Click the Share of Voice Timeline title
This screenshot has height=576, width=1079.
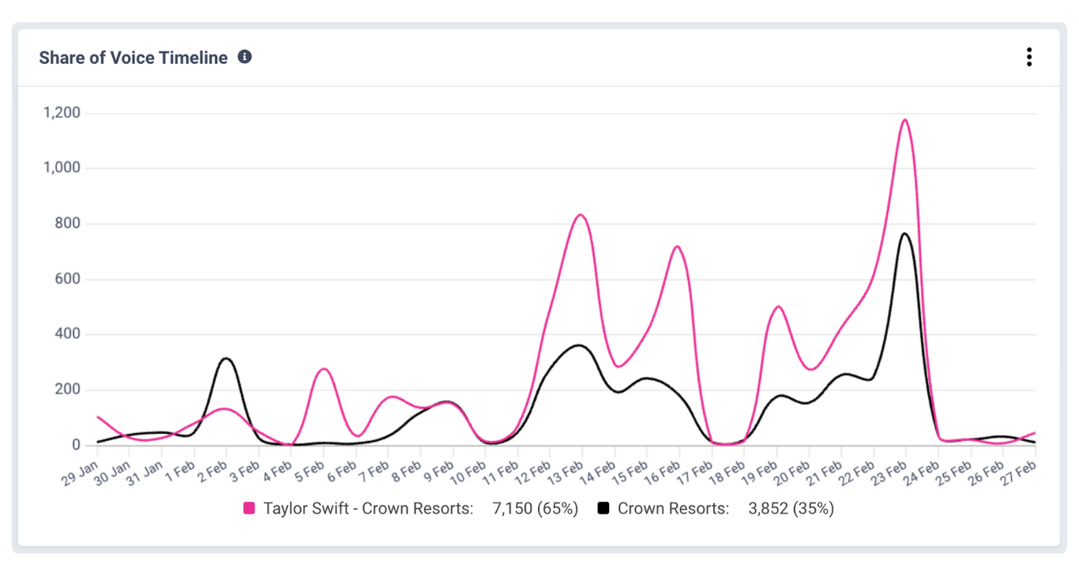(133, 58)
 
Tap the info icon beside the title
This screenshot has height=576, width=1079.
(245, 57)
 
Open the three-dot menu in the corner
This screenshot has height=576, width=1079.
(1028, 57)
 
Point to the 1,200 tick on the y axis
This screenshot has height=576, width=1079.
(61, 113)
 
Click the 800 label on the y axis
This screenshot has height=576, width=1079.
(66, 224)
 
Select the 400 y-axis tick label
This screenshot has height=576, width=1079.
(66, 334)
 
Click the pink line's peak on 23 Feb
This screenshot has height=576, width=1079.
(904, 120)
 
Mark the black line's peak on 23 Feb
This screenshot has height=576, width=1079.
(905, 233)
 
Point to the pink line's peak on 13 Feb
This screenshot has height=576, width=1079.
(581, 215)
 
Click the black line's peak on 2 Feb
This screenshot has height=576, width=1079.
(226, 359)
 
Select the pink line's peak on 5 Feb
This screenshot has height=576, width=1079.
(323, 369)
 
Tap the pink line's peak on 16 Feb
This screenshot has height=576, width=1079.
(677, 247)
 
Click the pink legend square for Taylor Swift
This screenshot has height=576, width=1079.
(250, 509)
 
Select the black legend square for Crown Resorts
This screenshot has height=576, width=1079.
(603, 509)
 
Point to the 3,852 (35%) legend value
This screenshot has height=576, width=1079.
(791, 509)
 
